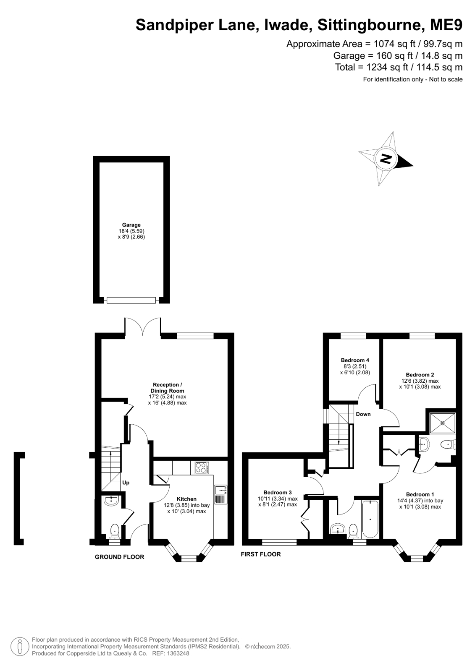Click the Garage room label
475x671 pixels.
[131, 225]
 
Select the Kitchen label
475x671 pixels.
[186, 499]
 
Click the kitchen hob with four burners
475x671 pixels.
[202, 468]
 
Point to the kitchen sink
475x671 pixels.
[221, 494]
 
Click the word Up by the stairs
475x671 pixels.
[126, 483]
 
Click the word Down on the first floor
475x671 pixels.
[363, 414]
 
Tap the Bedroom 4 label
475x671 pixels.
[355, 360]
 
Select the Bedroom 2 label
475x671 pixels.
[420, 375]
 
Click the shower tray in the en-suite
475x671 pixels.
[443, 423]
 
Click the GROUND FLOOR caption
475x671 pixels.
[119, 557]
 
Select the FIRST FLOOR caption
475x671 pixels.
[260, 554]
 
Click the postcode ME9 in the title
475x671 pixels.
[446, 25]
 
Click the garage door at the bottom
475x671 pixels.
[131, 300]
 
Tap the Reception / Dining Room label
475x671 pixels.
[167, 388]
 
